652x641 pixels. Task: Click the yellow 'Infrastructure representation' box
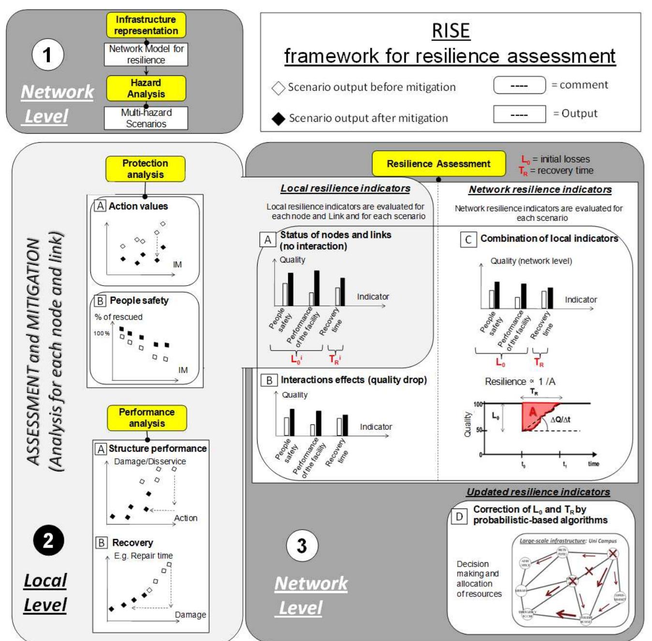pyautogui.click(x=146, y=25)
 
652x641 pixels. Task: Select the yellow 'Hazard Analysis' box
pyautogui.click(x=146, y=88)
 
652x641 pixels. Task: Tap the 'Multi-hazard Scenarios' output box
pyautogui.click(x=146, y=118)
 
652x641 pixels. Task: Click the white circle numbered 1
pyautogui.click(x=47, y=55)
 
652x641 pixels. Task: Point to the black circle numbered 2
pyautogui.click(x=48, y=540)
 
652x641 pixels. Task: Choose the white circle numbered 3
pyautogui.click(x=302, y=546)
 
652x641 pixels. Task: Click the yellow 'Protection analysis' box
pyautogui.click(x=145, y=169)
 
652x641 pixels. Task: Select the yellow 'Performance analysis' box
pyautogui.click(x=147, y=418)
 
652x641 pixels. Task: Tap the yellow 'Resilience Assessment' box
pyautogui.click(x=438, y=164)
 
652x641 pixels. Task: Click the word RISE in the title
pyautogui.click(x=450, y=31)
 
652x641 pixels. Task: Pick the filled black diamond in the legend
pyautogui.click(x=278, y=118)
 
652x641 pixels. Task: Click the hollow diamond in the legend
pyautogui.click(x=278, y=87)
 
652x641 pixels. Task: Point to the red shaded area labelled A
pyautogui.click(x=533, y=415)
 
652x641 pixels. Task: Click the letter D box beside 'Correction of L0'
pyautogui.click(x=459, y=516)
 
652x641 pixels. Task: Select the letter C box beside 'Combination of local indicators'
pyautogui.click(x=468, y=239)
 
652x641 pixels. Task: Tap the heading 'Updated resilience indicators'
pyautogui.click(x=538, y=492)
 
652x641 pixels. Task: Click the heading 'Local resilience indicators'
pyautogui.click(x=345, y=189)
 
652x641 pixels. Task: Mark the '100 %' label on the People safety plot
pyautogui.click(x=101, y=334)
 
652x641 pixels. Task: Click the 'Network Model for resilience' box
pyautogui.click(x=146, y=54)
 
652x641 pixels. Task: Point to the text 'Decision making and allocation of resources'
pyautogui.click(x=478, y=579)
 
